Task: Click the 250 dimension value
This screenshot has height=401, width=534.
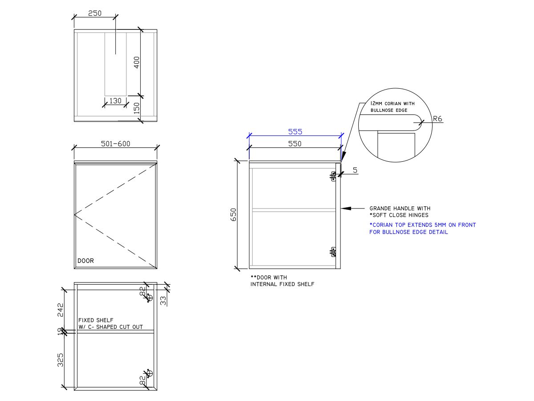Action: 95,13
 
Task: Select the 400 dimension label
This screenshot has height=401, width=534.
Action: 137,62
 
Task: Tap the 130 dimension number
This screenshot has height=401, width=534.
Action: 115,101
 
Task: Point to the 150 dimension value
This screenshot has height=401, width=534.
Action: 137,108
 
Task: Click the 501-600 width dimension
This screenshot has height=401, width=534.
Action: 116,143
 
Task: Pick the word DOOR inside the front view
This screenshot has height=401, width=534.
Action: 85,261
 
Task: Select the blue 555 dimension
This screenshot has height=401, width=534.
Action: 295,132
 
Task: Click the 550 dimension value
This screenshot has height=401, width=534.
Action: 295,143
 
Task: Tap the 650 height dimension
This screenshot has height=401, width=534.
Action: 233,214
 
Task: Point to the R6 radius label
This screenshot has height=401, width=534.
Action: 437,119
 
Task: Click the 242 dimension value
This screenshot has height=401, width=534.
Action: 60,310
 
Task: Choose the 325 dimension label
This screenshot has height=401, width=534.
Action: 60,360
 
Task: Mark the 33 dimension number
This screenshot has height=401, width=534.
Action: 163,301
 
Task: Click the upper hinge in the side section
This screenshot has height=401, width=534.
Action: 333,176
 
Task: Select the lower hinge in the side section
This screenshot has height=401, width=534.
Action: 333,252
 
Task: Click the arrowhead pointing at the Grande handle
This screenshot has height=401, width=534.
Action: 346,209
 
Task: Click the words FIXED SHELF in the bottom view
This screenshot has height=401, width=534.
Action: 96,320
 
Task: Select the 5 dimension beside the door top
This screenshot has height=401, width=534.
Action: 355,170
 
